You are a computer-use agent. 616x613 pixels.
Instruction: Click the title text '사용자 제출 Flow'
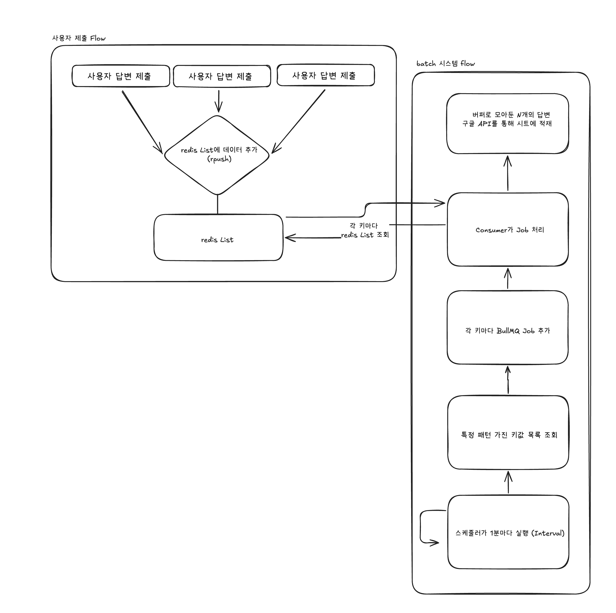tap(79, 38)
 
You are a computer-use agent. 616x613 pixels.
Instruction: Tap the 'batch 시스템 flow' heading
tap(445, 64)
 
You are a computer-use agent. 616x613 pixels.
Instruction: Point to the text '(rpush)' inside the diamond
tap(219, 159)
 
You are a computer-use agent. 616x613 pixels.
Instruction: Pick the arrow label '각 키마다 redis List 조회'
tap(365, 230)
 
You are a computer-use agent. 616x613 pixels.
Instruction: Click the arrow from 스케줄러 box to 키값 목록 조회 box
tap(508, 482)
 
